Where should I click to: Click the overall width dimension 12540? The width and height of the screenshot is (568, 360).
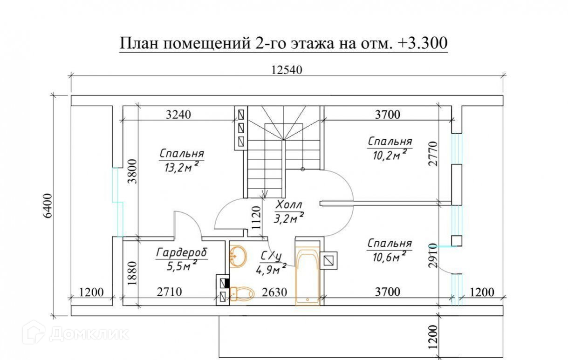[x=287, y=70]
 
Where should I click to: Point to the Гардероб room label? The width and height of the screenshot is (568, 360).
[x=182, y=252]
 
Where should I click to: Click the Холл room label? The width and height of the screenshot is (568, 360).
[x=289, y=204]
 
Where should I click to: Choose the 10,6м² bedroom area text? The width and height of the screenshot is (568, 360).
[x=390, y=257]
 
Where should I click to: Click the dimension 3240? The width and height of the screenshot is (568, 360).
[x=179, y=115]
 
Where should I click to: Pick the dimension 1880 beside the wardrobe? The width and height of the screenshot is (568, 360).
[x=132, y=276]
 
